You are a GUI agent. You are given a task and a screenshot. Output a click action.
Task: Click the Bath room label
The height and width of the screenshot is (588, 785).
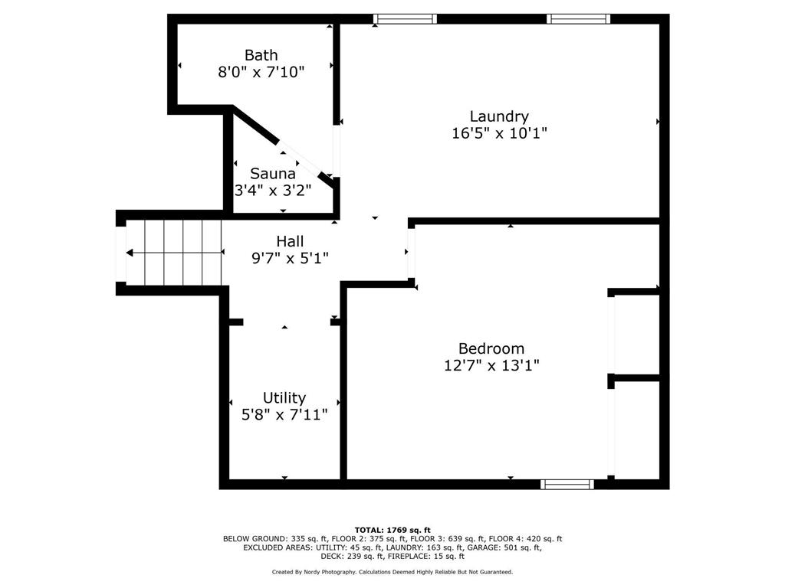(x=261, y=55)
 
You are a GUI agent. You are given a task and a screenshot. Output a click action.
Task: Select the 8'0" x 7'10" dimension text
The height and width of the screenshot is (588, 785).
(x=261, y=72)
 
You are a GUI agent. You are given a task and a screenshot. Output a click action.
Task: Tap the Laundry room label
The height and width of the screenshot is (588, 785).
(x=499, y=116)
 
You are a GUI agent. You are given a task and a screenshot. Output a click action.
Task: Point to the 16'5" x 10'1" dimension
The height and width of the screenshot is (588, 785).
(x=499, y=133)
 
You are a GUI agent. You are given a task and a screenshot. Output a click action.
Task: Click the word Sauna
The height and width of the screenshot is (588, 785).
(x=273, y=174)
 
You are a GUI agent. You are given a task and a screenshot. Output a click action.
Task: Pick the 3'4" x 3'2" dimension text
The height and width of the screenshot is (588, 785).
(x=273, y=191)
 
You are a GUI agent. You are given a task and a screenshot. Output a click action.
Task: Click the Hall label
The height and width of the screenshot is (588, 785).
(x=290, y=241)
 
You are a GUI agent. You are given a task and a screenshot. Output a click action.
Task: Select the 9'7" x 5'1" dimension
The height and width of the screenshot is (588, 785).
(x=290, y=259)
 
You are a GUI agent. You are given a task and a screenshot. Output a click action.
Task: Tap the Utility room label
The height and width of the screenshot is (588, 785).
(x=284, y=398)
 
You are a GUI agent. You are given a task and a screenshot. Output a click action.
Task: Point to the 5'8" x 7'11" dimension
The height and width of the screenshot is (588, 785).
(x=284, y=414)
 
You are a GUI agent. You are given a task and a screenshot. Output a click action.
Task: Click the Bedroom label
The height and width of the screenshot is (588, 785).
(x=491, y=348)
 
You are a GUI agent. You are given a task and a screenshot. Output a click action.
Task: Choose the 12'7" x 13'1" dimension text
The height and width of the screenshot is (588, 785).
(x=491, y=365)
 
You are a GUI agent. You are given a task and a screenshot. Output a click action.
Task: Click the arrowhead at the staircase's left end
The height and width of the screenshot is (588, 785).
(x=129, y=253)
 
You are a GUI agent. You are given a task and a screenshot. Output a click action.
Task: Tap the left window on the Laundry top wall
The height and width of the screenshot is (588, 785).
(x=405, y=19)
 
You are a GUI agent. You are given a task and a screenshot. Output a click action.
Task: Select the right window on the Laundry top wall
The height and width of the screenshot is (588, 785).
(x=578, y=19)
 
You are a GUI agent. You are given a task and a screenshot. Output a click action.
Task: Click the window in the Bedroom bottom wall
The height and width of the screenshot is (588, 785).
(x=567, y=484)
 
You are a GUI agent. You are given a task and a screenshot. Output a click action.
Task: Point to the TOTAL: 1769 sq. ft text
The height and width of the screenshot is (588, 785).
(x=392, y=530)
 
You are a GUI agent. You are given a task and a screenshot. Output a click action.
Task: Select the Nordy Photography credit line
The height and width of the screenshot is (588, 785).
(x=392, y=572)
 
